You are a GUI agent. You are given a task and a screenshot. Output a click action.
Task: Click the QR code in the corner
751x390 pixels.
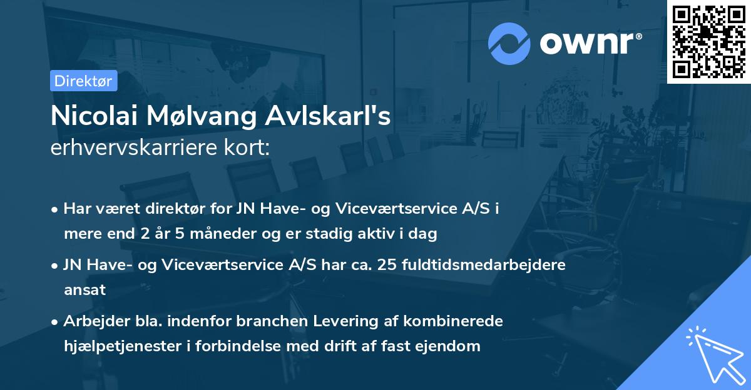click(708, 41)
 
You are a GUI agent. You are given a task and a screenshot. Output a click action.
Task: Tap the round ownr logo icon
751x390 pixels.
click(509, 43)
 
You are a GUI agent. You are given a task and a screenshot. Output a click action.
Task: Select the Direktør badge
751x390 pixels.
click(83, 81)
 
